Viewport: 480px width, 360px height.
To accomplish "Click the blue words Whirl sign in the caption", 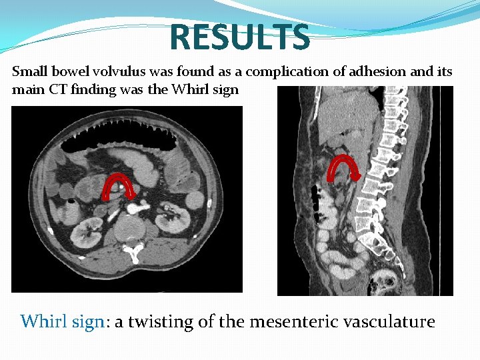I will (63, 322).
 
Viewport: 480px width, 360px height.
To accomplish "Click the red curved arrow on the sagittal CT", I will (344, 167).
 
